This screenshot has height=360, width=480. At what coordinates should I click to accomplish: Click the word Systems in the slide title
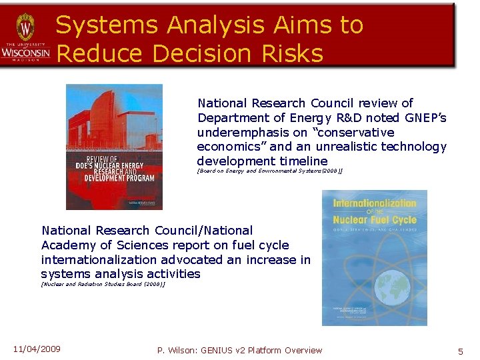click(x=107, y=25)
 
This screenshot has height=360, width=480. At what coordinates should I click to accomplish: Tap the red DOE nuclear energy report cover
click(x=114, y=147)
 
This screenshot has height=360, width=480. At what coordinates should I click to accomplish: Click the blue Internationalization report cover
click(x=374, y=258)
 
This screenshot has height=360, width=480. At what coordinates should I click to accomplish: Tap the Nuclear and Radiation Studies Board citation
click(x=103, y=284)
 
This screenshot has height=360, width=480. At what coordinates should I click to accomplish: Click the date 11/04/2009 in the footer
click(x=37, y=349)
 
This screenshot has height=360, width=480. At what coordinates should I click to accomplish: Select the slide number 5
click(x=460, y=351)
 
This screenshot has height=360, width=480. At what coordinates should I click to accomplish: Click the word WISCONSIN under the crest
click(x=25, y=52)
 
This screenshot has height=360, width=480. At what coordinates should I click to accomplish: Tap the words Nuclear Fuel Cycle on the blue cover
click(x=375, y=219)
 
